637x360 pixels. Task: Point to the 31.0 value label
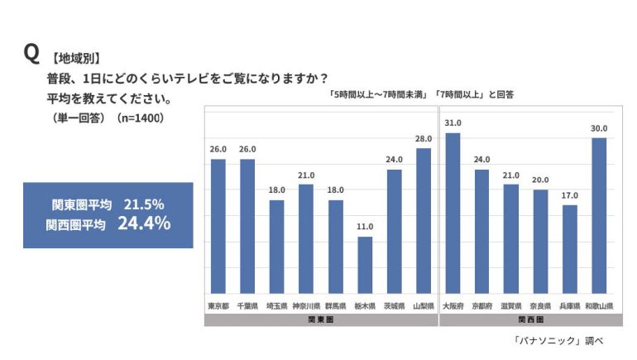point(453,123)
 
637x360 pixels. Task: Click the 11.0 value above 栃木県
point(365,227)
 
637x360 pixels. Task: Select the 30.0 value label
point(599,128)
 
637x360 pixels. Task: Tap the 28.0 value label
point(424,138)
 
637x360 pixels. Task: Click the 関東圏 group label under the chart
point(320,319)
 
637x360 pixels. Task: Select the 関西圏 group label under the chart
point(531,319)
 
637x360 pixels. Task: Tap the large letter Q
point(31,53)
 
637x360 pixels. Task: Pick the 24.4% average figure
point(144,223)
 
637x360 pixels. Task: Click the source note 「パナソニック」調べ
point(558,341)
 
